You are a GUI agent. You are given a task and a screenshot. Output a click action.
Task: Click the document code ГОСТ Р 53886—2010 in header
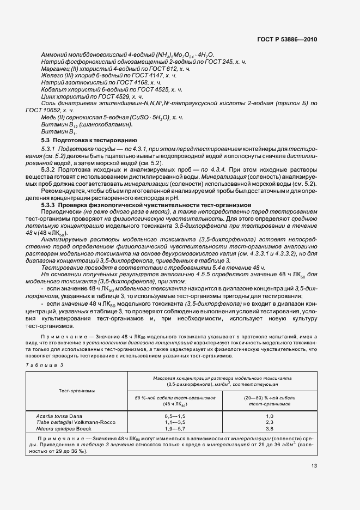point(288,39)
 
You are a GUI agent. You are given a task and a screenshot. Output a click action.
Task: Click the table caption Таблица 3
point(45,364)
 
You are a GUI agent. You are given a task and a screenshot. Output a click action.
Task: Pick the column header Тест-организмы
point(77,391)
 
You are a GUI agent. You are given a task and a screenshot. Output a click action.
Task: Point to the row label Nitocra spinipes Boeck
point(62,429)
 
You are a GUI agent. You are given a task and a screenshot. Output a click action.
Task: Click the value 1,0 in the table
point(269,416)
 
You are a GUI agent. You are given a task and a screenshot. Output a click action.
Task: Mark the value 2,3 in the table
point(269,422)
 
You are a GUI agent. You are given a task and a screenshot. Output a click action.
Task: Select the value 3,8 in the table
point(269,429)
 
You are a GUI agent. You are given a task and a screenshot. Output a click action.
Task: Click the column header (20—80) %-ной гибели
point(269,398)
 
